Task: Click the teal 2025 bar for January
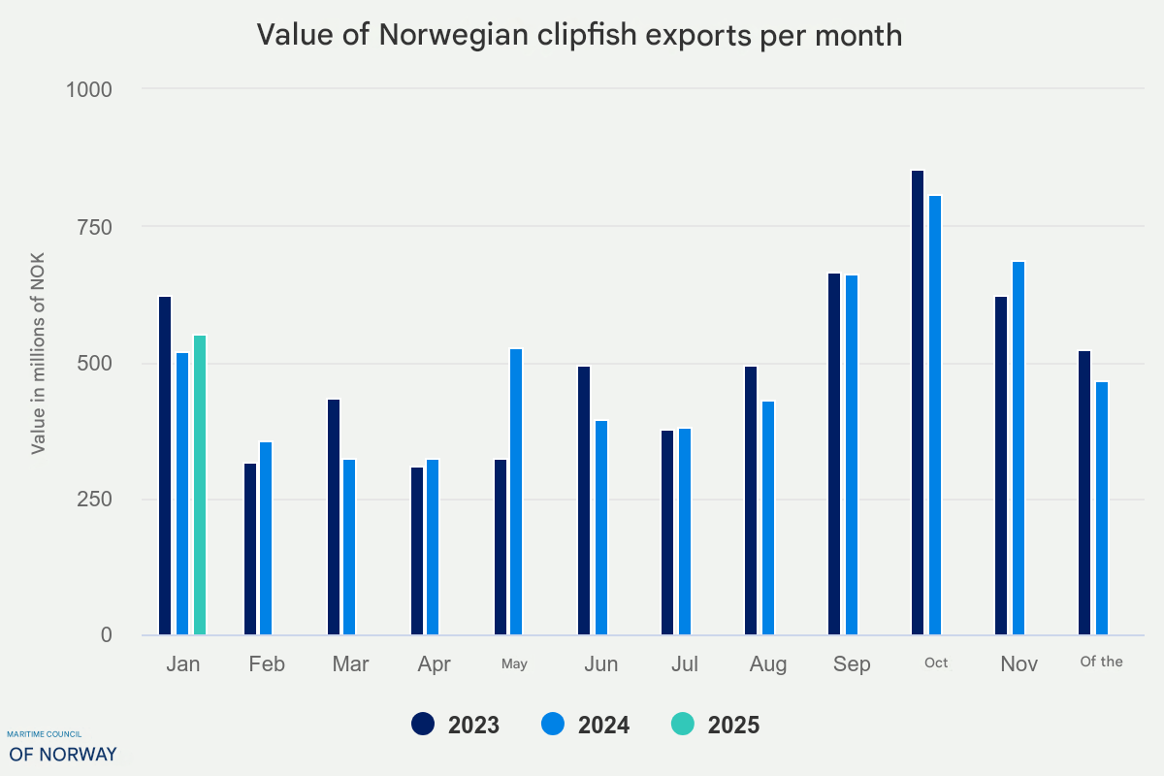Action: (200, 485)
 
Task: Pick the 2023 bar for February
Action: (250, 549)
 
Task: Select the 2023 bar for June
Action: (584, 501)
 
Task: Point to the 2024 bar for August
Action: (768, 518)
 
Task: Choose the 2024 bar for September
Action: (852, 455)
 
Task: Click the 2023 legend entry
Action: (456, 725)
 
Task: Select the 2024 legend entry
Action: (585, 725)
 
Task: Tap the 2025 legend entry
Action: (715, 725)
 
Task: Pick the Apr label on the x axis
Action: (434, 664)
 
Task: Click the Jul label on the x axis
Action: (684, 664)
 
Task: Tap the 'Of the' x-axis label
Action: (1101, 663)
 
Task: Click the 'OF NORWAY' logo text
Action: (63, 754)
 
